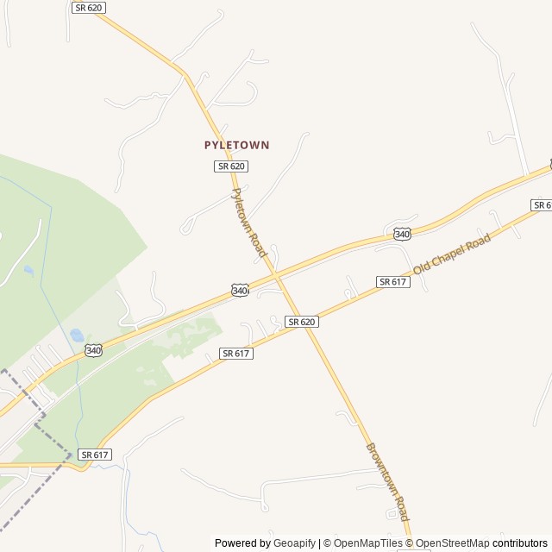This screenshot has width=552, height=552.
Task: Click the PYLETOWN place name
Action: pos(236,146)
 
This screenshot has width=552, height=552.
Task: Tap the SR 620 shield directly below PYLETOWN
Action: pos(231,166)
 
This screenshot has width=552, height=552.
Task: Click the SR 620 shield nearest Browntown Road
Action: pos(302,322)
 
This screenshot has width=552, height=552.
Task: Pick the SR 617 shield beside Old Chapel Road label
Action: pos(392,282)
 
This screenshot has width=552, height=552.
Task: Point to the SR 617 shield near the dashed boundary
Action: pos(95,455)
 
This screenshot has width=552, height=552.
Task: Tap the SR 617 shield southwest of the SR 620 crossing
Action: pos(235,354)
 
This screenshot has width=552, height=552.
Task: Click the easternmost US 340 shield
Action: pos(402,234)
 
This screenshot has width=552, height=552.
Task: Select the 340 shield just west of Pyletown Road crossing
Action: pos(240,291)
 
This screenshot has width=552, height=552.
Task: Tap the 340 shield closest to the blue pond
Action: pos(94,350)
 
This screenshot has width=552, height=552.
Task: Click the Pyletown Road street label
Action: pos(249,222)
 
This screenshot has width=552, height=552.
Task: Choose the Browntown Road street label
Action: pos(386,481)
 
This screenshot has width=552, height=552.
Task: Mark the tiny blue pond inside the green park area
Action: pos(29,271)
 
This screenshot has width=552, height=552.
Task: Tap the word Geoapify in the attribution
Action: pos(295,543)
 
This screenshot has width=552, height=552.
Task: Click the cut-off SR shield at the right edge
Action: pos(543,205)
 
